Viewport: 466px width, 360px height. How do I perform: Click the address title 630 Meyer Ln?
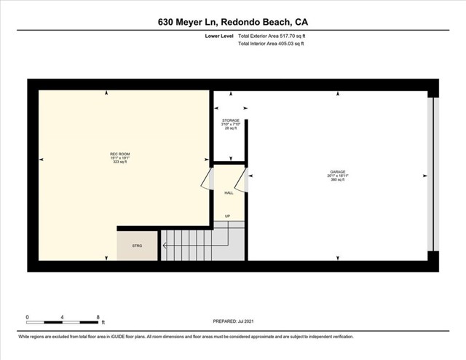(x=237, y=22)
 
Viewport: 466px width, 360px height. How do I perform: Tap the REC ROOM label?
(x=119, y=157)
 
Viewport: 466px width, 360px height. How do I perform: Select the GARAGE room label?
(x=336, y=176)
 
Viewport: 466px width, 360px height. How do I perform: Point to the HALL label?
(x=229, y=193)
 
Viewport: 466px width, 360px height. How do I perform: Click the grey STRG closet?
(x=138, y=246)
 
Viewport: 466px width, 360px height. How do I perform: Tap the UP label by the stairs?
(x=227, y=216)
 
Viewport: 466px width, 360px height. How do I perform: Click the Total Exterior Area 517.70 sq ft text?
(x=271, y=35)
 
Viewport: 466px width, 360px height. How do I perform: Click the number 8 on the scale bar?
(x=98, y=317)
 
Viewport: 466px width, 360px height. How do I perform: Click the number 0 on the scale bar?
(x=28, y=317)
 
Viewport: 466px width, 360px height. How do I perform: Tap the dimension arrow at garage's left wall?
(x=251, y=176)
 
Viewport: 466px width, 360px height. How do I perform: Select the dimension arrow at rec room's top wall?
(x=107, y=93)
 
